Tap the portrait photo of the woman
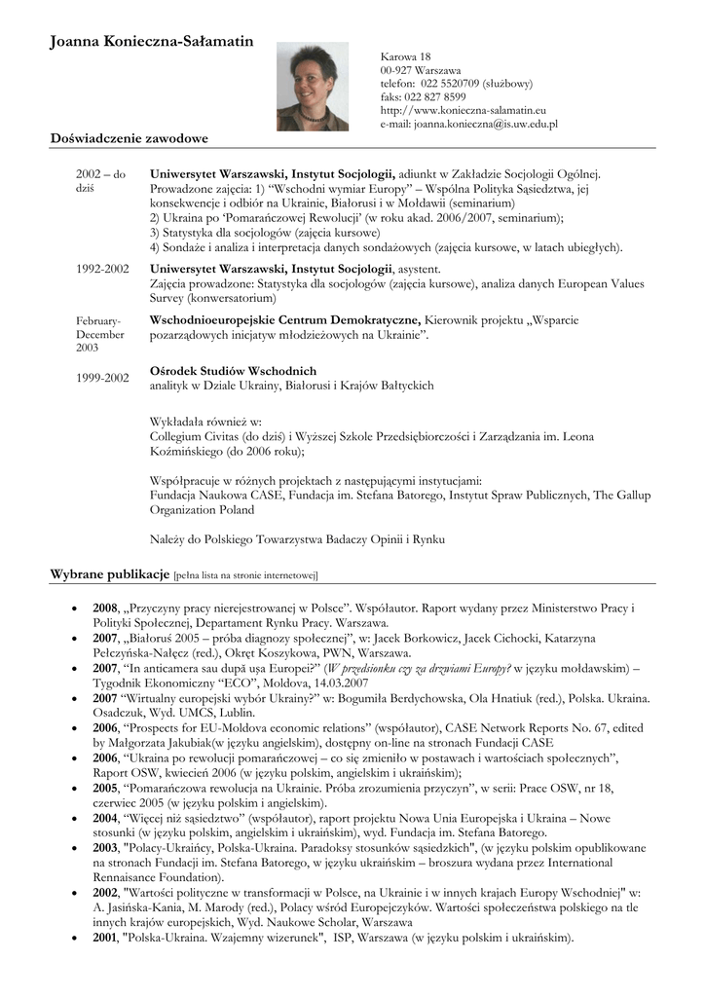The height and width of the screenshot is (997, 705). click(313, 86)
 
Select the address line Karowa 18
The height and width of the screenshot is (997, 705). click(405, 57)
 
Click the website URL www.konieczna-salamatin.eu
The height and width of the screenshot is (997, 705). click(463, 111)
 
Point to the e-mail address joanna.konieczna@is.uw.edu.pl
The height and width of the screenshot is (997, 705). click(485, 125)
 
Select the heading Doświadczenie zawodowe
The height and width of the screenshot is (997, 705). click(129, 139)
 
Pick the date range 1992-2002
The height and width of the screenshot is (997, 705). click(102, 268)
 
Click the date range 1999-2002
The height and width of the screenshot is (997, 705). click(102, 377)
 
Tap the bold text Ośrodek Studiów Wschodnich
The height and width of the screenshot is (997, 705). click(233, 371)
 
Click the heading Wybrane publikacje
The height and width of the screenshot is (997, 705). click(109, 574)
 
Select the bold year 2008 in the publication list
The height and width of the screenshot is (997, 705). click(105, 609)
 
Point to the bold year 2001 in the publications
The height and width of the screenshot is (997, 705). click(105, 939)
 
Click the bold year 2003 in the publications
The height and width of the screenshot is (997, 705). click(105, 848)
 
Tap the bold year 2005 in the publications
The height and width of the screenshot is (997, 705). click(105, 789)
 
